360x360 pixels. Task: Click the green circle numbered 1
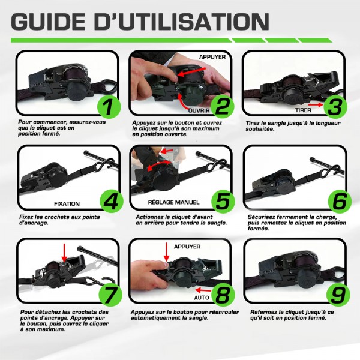tap(109, 107)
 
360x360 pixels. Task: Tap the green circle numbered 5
tap(223, 202)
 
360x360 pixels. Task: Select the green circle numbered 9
tap(338, 295)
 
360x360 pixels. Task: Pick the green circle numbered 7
tap(110, 295)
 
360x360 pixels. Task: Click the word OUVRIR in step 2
tap(199, 110)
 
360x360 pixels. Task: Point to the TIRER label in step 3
tap(303, 110)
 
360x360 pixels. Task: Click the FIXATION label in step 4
tap(67, 203)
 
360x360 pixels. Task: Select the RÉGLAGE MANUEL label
tap(173, 202)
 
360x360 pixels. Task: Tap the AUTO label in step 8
tap(202, 298)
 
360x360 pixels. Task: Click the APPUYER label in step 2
tap(212, 57)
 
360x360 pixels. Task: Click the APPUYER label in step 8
tap(187, 247)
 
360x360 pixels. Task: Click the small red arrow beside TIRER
tap(316, 104)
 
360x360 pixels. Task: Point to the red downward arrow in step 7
tap(64, 253)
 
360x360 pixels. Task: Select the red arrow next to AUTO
tap(203, 290)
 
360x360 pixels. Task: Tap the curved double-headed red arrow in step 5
tap(160, 164)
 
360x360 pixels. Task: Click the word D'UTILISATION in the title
tap(182, 22)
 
